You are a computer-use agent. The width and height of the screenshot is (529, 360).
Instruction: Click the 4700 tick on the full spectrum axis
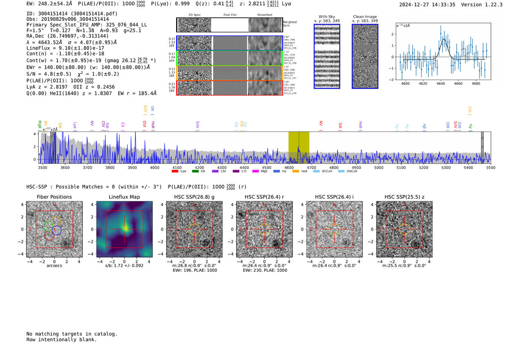311,167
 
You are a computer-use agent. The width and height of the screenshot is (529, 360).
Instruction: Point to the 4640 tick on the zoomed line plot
441,83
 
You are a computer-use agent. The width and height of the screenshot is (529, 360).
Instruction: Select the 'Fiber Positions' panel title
54,197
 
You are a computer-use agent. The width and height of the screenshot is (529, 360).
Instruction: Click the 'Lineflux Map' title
124,197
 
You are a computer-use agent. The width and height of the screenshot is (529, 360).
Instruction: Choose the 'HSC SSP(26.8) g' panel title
194,197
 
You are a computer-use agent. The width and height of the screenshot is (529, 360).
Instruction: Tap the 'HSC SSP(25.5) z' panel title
404,197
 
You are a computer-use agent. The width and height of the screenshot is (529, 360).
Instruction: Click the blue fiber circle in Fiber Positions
57,230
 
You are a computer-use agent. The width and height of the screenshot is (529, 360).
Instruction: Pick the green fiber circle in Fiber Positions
48,226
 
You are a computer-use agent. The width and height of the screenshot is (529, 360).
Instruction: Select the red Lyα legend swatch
175,172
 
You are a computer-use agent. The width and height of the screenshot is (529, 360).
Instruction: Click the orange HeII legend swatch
295,172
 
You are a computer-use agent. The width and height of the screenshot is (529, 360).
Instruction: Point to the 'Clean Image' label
365,17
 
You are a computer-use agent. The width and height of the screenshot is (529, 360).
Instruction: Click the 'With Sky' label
326,17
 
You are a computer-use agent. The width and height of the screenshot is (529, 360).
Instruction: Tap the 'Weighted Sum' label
289,23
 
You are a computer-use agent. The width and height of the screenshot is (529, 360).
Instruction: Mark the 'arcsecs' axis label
54,266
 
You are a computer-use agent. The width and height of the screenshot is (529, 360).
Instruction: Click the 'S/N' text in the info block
32,74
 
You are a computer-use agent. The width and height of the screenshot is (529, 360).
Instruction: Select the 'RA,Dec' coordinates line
67,36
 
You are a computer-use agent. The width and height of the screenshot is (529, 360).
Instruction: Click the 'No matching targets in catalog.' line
72,334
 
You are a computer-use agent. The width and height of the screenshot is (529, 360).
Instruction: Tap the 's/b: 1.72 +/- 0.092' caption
124,266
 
